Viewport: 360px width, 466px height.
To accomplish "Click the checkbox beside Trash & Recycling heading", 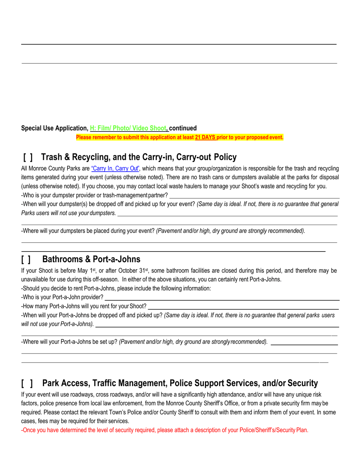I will pyautogui.click(x=28, y=157).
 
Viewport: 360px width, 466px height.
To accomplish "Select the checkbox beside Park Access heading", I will pyautogui.click(x=27, y=383).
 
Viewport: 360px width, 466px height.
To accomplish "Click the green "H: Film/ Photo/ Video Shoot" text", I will pyautogui.click(x=128, y=128).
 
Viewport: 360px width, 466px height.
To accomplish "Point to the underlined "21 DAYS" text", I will pyautogui.click(x=205, y=138).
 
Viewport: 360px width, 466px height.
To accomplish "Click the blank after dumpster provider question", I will pyautogui.click(x=254, y=195).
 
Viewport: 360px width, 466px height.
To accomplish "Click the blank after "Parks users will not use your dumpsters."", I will pyautogui.click(x=227, y=214).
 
